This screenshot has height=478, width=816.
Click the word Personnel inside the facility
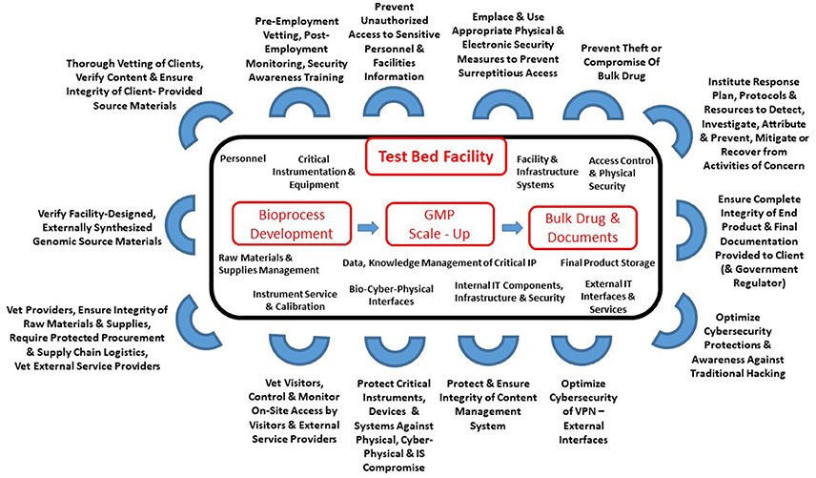[241, 156]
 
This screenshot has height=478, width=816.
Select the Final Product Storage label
[606, 262]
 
